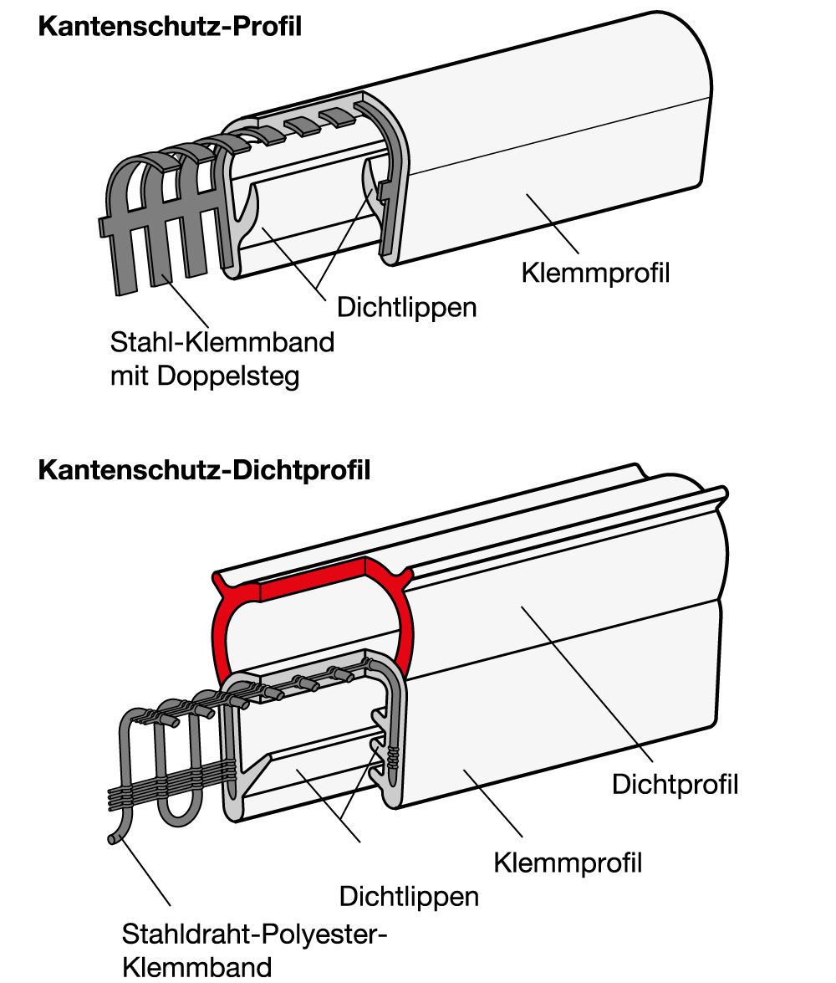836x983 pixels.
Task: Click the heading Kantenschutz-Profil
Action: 170,26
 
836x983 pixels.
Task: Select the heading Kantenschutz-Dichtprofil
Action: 204,470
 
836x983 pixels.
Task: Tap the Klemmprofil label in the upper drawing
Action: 595,274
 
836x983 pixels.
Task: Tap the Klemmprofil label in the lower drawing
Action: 568,863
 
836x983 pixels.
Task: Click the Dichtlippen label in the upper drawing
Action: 407,308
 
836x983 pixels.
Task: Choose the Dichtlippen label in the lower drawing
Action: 409,897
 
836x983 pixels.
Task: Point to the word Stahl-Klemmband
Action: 222,342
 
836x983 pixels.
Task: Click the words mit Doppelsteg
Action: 205,376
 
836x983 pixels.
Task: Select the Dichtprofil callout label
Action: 675,785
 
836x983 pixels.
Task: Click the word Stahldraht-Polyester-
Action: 254,934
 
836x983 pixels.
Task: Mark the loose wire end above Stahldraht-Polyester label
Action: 114,839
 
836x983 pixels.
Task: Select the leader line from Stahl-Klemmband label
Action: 185,301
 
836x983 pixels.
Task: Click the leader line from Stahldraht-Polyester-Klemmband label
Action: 144,872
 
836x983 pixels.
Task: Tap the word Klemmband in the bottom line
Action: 196,967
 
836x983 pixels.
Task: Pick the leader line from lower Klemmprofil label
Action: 492,804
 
